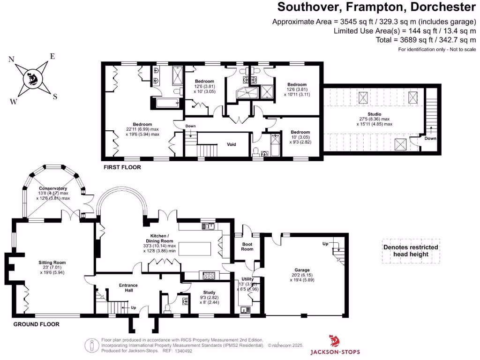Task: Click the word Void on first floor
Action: pos(232,144)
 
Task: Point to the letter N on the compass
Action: pos(11,60)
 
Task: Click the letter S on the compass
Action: pos(55,97)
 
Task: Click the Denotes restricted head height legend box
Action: pos(411,251)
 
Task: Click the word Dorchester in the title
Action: pos(446,7)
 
